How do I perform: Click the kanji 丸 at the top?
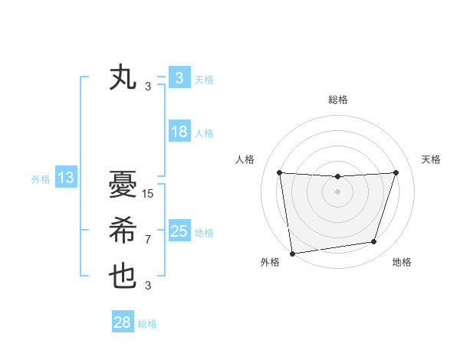[x=123, y=78]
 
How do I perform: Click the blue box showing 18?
[x=179, y=132]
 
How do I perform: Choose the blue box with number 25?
[x=179, y=231]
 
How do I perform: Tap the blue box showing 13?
[x=65, y=178]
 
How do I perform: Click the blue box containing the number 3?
[x=179, y=78]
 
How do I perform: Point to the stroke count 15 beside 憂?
[x=148, y=194]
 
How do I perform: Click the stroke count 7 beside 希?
[x=147, y=240]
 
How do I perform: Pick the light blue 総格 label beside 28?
[x=147, y=324]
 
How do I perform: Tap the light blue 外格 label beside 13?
[x=41, y=179]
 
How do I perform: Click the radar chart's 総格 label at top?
[x=337, y=100]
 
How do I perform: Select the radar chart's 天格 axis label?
[x=431, y=159]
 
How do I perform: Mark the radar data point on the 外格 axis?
[x=292, y=253]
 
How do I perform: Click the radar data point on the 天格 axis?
[x=396, y=172]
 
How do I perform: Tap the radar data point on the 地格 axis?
[x=374, y=242]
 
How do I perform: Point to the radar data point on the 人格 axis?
[x=279, y=172]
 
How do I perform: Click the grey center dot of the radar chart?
[x=337, y=191]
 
